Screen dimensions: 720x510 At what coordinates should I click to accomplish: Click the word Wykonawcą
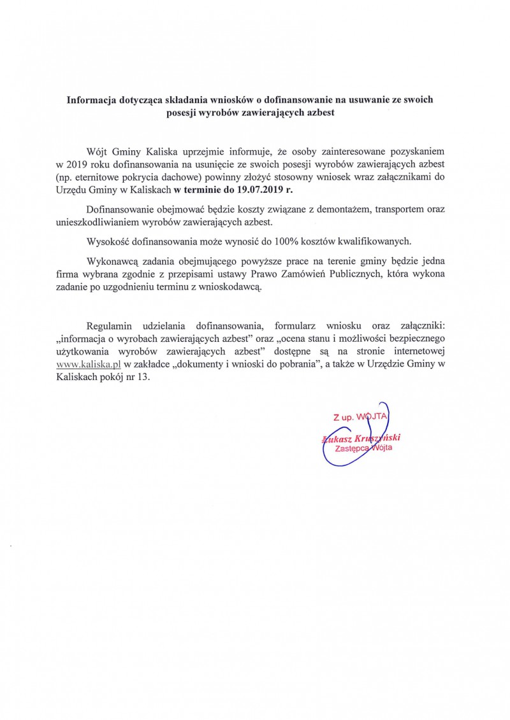(x=110, y=262)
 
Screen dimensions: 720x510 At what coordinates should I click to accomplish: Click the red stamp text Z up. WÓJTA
(x=360, y=418)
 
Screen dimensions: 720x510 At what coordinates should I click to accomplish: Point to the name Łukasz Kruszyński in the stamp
(x=365, y=438)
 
